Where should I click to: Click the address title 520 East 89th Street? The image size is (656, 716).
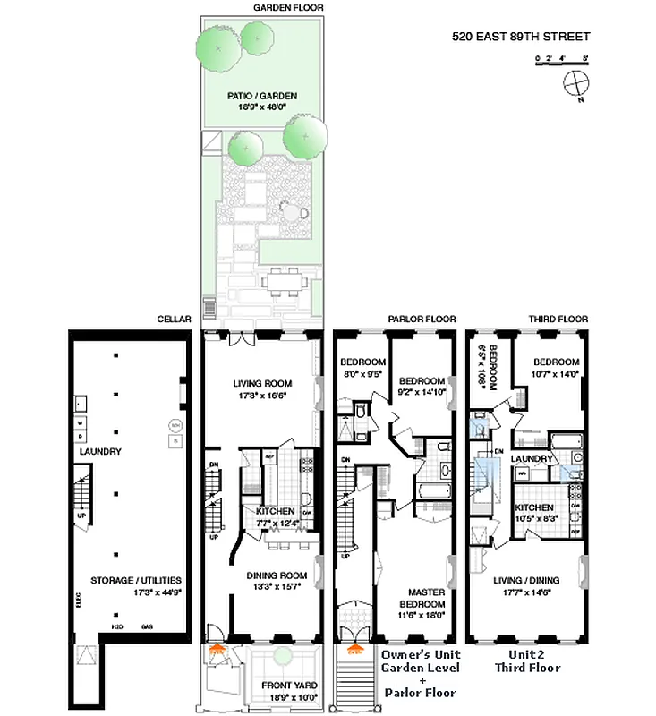pos(520,37)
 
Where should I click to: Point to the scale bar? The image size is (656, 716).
pos(561,60)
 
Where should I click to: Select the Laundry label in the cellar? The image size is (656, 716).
pos(98,452)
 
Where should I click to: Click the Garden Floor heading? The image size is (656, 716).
pos(263,7)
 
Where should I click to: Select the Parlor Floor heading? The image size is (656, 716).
pos(421,319)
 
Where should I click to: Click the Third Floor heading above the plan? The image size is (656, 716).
pos(556,319)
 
